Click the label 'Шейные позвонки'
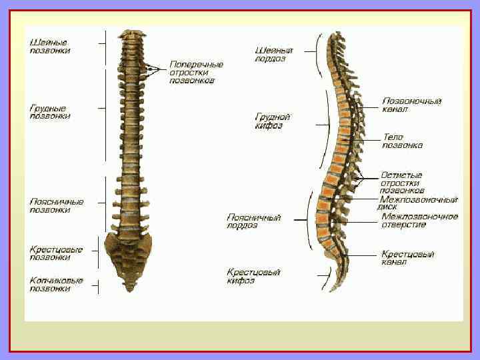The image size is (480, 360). pos(49,46)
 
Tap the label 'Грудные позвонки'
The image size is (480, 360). pos(49,111)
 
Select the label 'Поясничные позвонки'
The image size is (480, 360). pos(56,205)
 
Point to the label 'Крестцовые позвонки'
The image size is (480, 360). pos(56,253)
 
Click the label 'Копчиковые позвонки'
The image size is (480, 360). pos(56,285)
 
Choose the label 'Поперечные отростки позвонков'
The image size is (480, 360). pos(196,72)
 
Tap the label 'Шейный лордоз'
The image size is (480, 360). pos(274,54)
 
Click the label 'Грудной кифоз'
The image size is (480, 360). pos(273,121)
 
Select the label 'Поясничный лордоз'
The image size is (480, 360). pos(254,221)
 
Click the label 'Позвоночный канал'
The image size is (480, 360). pos(411,105)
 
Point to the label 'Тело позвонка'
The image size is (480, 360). pos(402,141)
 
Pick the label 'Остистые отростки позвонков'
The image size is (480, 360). pos(401,183)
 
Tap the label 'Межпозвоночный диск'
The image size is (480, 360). pos(418,203)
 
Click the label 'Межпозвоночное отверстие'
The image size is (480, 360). pos(419,221)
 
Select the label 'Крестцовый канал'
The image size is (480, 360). pos(407,258)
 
